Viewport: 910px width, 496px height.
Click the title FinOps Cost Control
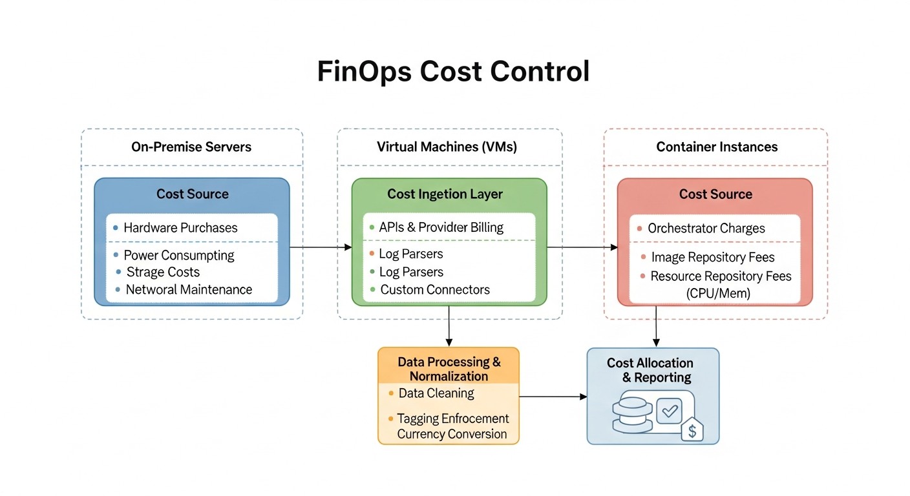pyautogui.click(x=453, y=72)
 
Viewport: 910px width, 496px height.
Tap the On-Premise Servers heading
pyautogui.click(x=191, y=147)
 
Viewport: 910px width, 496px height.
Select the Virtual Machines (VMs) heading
pyautogui.click(x=447, y=147)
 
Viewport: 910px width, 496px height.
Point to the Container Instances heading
pyautogui.click(x=717, y=147)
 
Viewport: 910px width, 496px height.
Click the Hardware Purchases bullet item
pyautogui.click(x=180, y=227)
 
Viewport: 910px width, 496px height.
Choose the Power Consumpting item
pyautogui.click(x=179, y=255)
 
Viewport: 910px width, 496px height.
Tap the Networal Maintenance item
pyautogui.click(x=189, y=289)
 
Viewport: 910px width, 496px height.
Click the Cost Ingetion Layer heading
pyautogui.click(x=445, y=194)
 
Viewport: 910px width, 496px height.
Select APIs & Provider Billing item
pyautogui.click(x=441, y=227)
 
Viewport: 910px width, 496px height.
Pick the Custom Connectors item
pyautogui.click(x=434, y=289)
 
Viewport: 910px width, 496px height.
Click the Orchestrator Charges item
pyautogui.click(x=706, y=228)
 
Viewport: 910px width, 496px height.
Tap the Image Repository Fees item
pyautogui.click(x=712, y=257)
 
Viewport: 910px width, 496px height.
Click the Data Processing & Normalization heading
pyautogui.click(x=449, y=369)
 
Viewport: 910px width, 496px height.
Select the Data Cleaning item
pyautogui.click(x=436, y=393)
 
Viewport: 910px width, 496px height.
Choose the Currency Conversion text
pyautogui.click(x=452, y=434)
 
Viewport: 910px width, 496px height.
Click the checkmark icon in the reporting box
pyautogui.click(x=669, y=410)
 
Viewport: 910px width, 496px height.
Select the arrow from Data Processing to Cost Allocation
pyautogui.click(x=553, y=397)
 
